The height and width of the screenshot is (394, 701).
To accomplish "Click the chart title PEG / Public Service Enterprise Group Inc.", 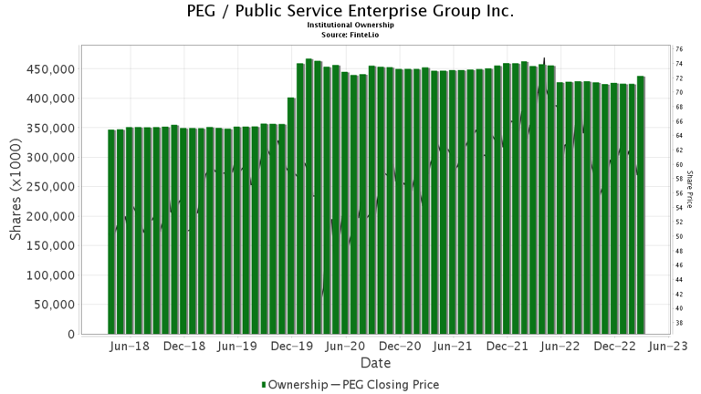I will click(x=350, y=12).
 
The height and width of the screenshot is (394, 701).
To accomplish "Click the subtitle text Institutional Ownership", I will click(x=350, y=26).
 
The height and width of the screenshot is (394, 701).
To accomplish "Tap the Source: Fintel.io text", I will click(x=350, y=34).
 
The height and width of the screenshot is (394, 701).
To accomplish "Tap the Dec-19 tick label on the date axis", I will click(x=293, y=347).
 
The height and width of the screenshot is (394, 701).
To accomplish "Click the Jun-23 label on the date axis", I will click(x=670, y=347).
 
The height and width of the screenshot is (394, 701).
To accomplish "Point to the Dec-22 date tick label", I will click(x=616, y=347).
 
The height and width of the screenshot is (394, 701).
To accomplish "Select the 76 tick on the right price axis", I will click(x=679, y=49).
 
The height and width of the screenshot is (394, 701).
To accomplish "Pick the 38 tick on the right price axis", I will click(x=679, y=323).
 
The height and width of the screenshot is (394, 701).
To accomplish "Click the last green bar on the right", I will click(x=641, y=205).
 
